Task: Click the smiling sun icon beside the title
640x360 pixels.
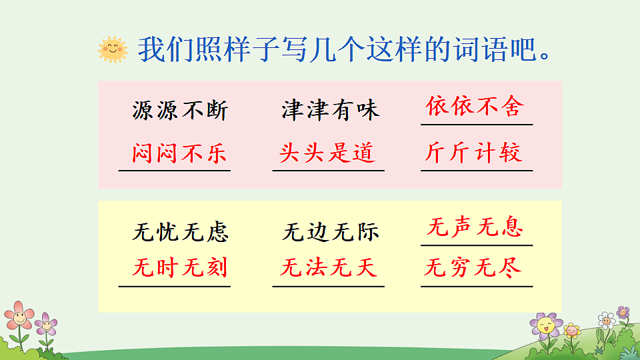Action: pyautogui.click(x=112, y=49)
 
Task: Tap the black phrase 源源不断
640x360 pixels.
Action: pyautogui.click(x=180, y=110)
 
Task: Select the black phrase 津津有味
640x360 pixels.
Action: pyautogui.click(x=330, y=110)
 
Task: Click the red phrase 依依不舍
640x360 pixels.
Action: pyautogui.click(x=475, y=107)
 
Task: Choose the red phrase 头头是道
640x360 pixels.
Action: pyautogui.click(x=328, y=153)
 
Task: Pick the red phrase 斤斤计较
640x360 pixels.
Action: pyautogui.click(x=474, y=153)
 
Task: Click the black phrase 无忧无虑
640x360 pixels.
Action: pyautogui.click(x=181, y=232)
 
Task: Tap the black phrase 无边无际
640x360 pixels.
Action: pyautogui.click(x=331, y=232)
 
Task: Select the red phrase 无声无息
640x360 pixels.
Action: pyautogui.click(x=475, y=228)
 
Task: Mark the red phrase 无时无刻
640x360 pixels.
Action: pyautogui.click(x=180, y=268)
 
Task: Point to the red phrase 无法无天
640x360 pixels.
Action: pyautogui.click(x=329, y=268)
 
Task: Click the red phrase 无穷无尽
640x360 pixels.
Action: pyautogui.click(x=474, y=268)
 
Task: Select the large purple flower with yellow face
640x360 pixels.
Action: pyautogui.click(x=546, y=327)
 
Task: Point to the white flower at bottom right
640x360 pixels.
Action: pyautogui.click(x=606, y=319)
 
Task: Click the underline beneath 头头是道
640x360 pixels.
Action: pyautogui.click(x=328, y=171)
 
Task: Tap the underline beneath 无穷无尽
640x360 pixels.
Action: pyautogui.click(x=477, y=287)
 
